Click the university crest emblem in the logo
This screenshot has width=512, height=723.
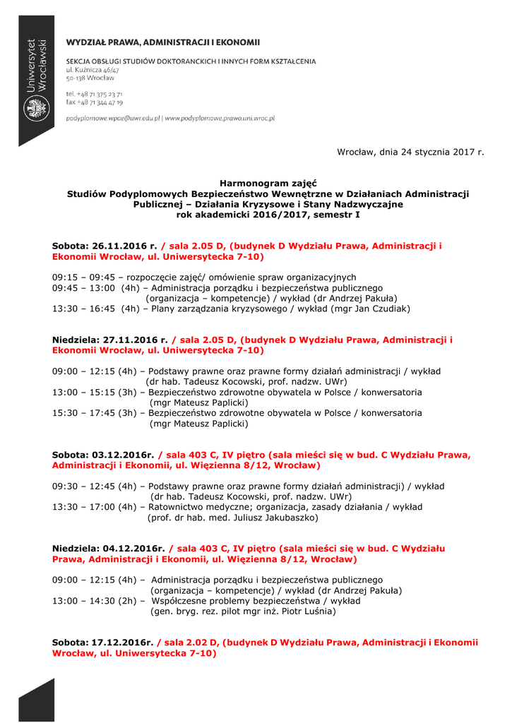click(x=35, y=109)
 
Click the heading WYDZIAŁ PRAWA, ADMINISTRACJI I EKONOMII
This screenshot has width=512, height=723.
click(x=163, y=42)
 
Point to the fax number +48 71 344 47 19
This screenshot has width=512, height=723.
click(x=95, y=102)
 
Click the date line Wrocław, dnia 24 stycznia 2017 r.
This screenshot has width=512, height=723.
click(x=410, y=152)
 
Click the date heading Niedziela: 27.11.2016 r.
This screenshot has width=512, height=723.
click(x=109, y=340)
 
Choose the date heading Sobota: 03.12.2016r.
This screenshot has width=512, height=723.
click(x=102, y=455)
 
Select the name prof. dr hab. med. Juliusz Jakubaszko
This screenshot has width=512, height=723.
click(x=232, y=518)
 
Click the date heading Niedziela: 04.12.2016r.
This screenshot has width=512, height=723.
click(x=108, y=549)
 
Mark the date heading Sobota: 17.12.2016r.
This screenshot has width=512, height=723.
click(x=102, y=643)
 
